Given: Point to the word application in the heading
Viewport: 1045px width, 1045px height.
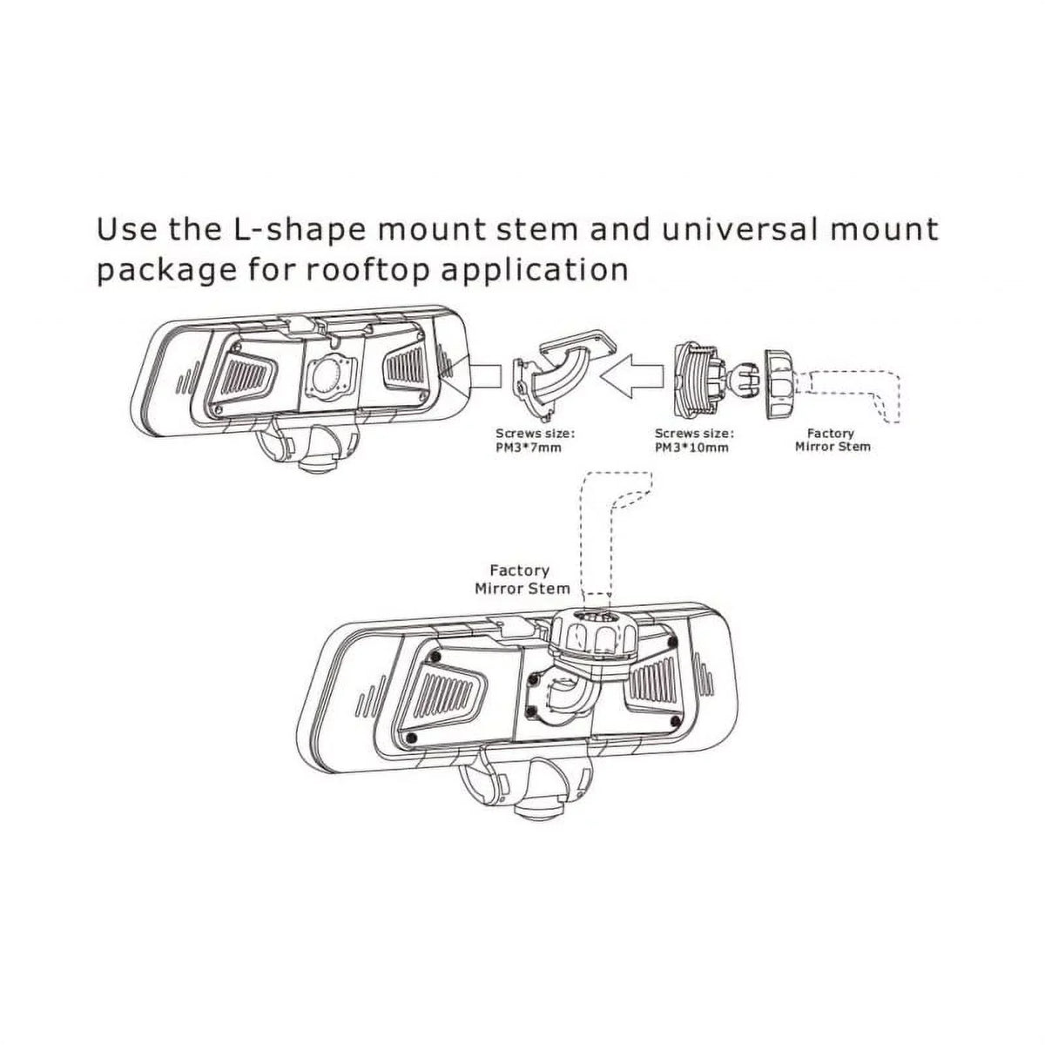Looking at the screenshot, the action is pos(534,269).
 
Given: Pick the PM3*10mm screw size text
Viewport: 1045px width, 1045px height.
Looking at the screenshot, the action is pos(691,448).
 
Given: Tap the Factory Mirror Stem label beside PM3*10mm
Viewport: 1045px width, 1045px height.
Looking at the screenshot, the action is pos(833,441).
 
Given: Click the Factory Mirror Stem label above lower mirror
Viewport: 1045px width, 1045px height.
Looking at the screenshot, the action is pos(522,580).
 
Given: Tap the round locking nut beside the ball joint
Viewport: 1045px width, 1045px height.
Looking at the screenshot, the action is pos(779,384).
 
